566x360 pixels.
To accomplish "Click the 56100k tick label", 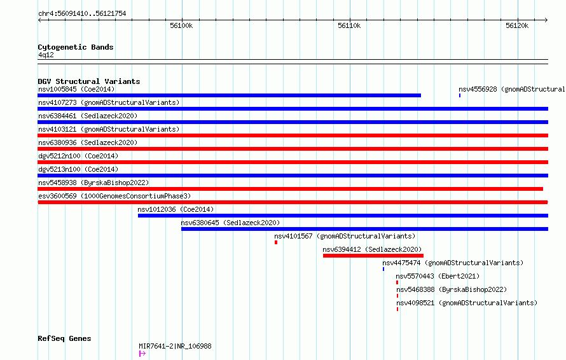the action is [x=181, y=25].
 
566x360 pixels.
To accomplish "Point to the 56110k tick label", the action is [x=349, y=25].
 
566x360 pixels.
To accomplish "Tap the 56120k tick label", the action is [x=517, y=25].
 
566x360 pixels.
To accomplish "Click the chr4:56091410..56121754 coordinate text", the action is [x=82, y=14].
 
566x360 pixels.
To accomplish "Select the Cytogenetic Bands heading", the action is [x=76, y=47].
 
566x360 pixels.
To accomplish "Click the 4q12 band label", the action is [x=46, y=55].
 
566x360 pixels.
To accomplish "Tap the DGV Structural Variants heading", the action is [x=89, y=81].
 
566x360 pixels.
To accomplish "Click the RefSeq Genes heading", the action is [x=64, y=338].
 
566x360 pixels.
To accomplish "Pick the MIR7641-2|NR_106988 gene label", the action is [x=175, y=346].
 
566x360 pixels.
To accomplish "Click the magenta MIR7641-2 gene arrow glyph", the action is [x=142, y=354].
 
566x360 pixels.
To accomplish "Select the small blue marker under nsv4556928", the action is [x=460, y=95].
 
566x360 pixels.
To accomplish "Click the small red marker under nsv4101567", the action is [x=276, y=242].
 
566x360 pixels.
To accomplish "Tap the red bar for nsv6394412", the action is [x=373, y=256].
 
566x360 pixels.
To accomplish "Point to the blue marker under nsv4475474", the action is [x=383, y=269].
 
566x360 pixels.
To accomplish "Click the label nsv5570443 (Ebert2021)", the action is [x=438, y=276].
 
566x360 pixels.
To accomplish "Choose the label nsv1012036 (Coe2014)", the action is [x=176, y=209].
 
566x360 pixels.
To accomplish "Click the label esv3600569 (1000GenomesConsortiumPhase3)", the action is [x=114, y=196].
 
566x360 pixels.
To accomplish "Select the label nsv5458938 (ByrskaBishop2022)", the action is [x=93, y=183].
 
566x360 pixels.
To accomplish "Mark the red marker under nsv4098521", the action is [x=397, y=309].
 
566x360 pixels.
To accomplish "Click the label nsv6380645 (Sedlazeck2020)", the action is [x=230, y=223].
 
